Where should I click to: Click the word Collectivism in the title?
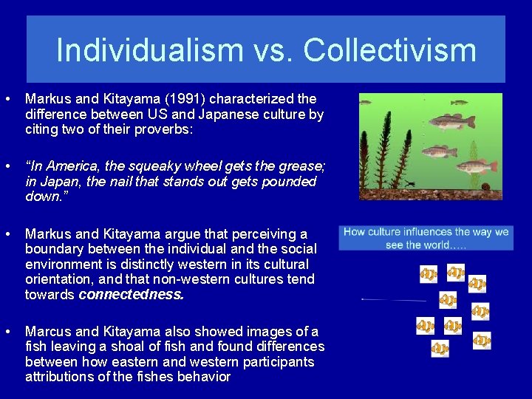pyautogui.click(x=389, y=50)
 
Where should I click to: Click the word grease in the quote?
pyautogui.click(x=297, y=166)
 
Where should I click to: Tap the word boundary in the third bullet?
pyautogui.click(x=53, y=248)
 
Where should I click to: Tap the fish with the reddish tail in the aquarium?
pyautogui.click(x=474, y=166)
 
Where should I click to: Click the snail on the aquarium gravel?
pyautogui.click(x=485, y=185)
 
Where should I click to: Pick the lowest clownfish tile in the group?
pyautogui.click(x=440, y=349)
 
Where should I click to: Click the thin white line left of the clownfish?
pyautogui.click(x=394, y=299)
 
